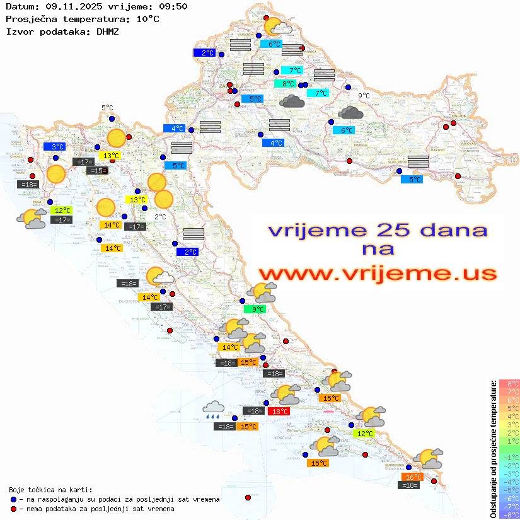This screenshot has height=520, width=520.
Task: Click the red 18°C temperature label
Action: pos(279,412)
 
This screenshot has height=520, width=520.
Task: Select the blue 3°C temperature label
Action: pos(54,146)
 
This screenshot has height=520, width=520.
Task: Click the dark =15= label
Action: pos(98,171)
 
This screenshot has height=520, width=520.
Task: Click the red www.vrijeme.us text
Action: pos(377,274)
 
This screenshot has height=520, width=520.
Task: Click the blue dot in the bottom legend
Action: pos(14,499)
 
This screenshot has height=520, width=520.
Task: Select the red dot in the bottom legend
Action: pos(14,509)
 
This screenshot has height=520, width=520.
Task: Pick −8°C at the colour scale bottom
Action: pos(509,515)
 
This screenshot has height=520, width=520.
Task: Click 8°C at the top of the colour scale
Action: pos(509,384)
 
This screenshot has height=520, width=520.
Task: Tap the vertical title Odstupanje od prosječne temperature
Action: pos(493,449)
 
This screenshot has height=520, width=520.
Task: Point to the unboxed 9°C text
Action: pos(364,96)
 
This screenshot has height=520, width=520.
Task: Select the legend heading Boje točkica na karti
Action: pos(50,490)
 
